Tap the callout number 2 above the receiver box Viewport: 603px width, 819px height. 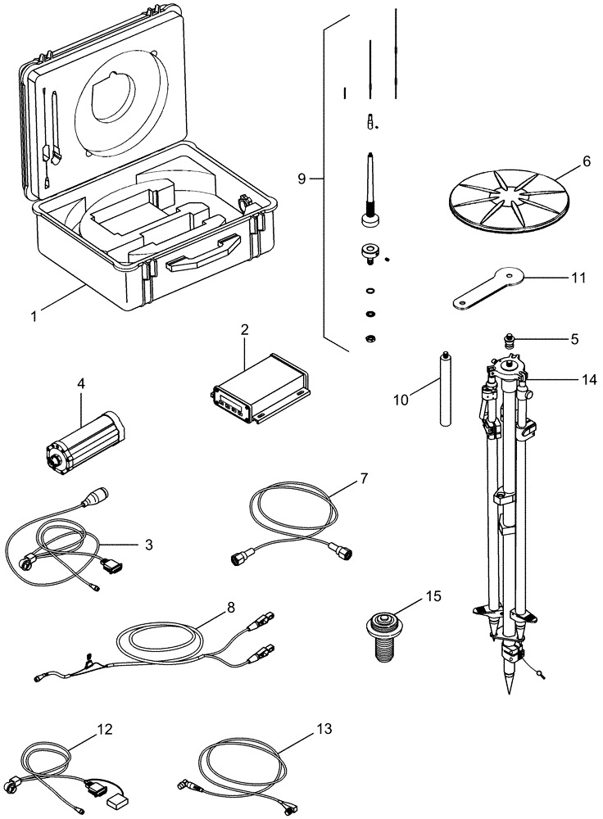pos(244,330)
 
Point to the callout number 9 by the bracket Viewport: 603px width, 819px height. pos(301,179)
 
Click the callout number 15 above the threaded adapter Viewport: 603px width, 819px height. pos(433,597)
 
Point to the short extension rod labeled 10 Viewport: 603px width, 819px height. pos(445,389)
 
